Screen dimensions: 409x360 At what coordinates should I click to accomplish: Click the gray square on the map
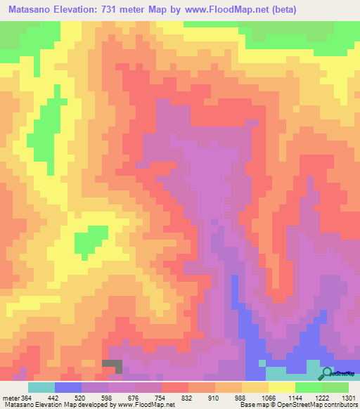pyautogui.click(x=112, y=365)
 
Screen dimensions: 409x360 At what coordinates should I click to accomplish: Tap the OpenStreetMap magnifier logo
pyautogui.click(x=327, y=375)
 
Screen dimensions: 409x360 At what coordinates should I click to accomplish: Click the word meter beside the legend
pyautogui.click(x=11, y=397)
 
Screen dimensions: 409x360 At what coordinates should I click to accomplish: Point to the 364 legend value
pyautogui.click(x=27, y=397)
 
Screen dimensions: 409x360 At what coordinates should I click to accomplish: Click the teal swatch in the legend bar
pyautogui.click(x=41, y=387)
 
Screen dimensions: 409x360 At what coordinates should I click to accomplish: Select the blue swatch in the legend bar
pyautogui.click(x=68, y=387)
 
